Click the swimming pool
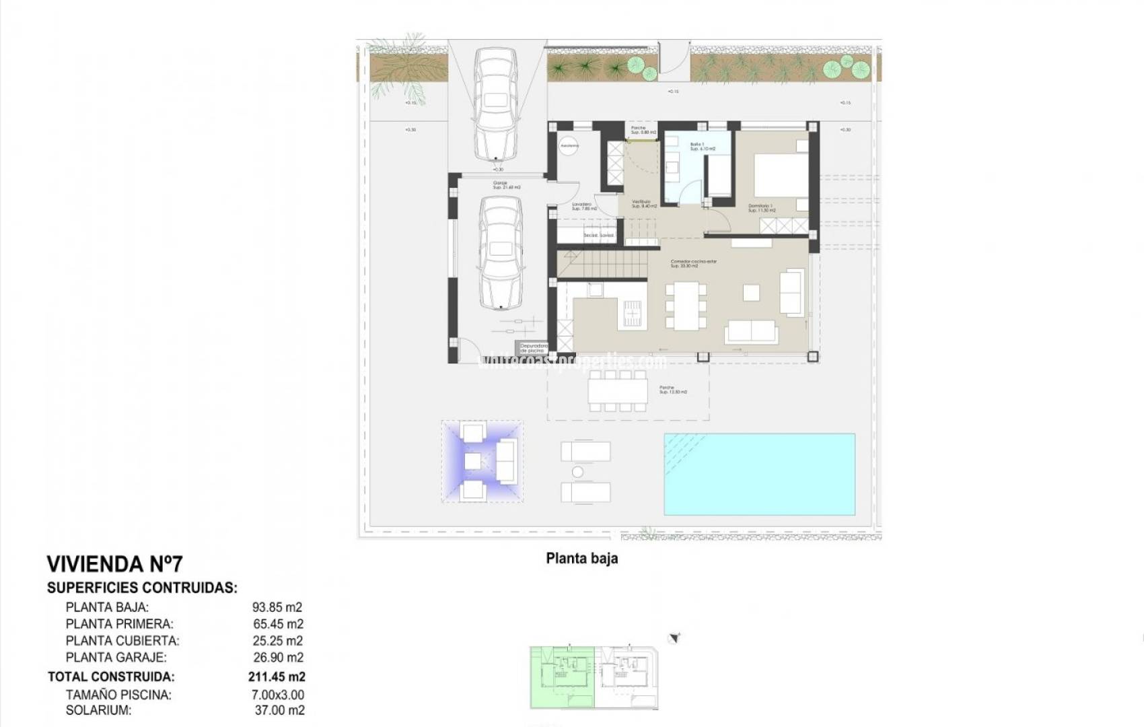(x=759, y=474)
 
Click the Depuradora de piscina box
(x=532, y=348)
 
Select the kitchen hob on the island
(x=633, y=312)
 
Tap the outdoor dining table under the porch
(x=618, y=391)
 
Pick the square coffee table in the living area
(x=751, y=292)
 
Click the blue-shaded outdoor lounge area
(x=482, y=461)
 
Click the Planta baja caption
(x=581, y=558)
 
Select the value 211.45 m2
(x=277, y=677)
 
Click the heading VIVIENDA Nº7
(x=114, y=564)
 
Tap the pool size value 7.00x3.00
(x=277, y=695)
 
